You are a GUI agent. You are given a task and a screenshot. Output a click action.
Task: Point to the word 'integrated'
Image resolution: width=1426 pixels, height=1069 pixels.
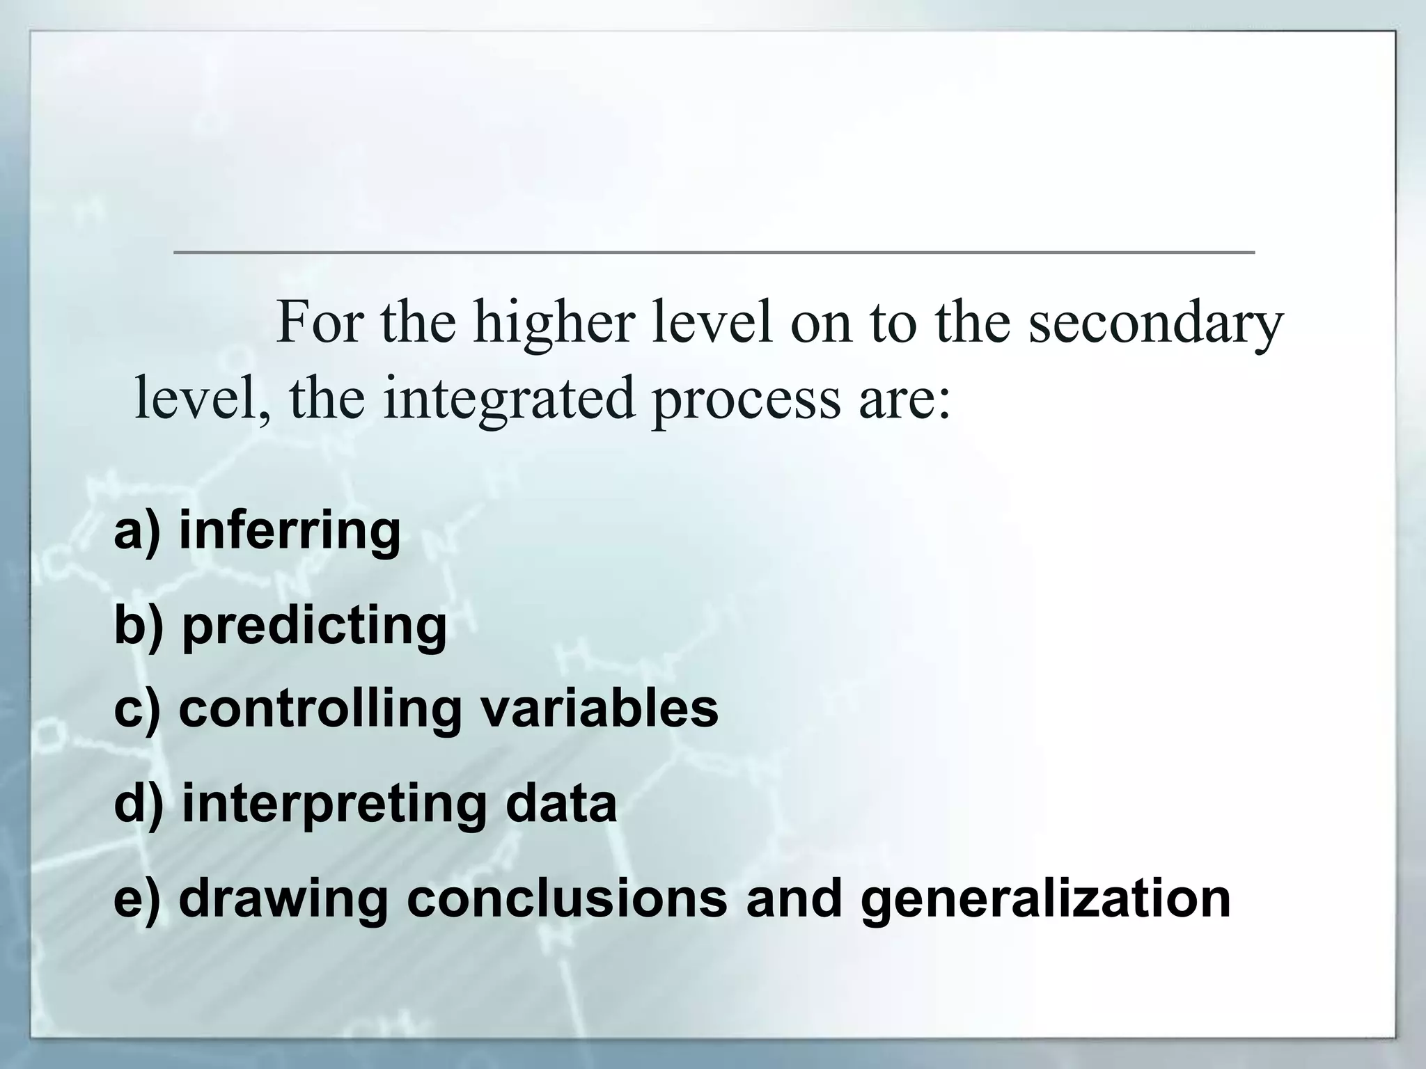tap(509, 399)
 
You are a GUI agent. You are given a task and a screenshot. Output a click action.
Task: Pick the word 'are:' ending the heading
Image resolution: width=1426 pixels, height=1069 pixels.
tap(904, 399)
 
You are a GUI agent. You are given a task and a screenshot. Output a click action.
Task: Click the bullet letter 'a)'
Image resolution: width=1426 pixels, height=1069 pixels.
tap(136, 531)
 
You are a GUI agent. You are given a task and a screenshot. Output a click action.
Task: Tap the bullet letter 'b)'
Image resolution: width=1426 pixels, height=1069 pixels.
tap(139, 625)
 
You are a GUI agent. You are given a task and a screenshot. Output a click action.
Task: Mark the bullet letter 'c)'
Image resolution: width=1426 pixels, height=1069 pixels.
tap(136, 709)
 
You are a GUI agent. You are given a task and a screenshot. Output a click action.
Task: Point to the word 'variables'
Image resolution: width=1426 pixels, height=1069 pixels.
tap(600, 709)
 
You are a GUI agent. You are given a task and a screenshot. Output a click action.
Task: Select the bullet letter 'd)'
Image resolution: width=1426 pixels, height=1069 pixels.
tap(139, 804)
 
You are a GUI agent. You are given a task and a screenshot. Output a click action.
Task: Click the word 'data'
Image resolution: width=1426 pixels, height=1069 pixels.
tap(561, 804)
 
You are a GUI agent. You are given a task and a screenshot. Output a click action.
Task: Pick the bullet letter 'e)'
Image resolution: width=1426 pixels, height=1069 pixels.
tap(136, 898)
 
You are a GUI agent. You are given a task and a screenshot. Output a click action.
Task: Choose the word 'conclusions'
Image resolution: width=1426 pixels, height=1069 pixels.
tap(567, 898)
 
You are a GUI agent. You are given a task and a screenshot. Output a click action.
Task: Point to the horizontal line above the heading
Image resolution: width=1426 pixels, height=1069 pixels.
tap(714, 252)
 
